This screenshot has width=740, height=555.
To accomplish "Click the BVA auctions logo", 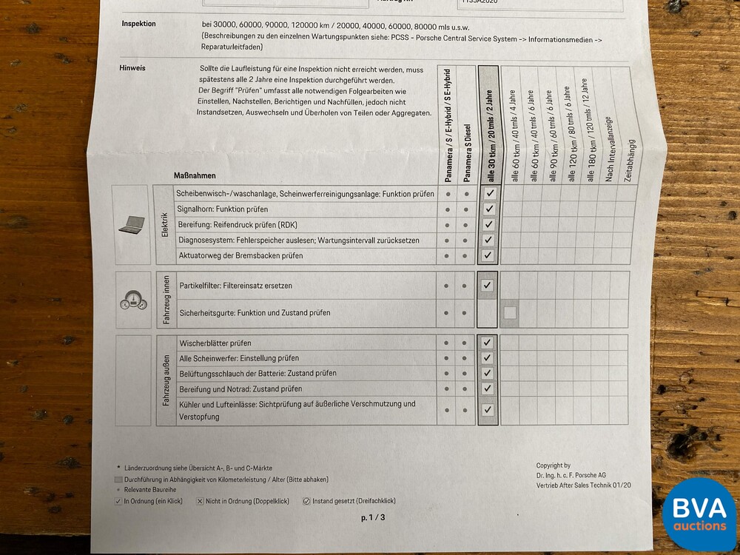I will [x=699, y=515].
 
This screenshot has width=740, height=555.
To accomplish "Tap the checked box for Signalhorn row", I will [x=488, y=209].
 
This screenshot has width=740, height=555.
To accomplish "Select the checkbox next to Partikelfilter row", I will [x=487, y=285].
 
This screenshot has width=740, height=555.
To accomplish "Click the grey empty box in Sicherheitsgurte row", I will [x=510, y=313].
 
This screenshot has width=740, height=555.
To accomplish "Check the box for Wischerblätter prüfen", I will [x=487, y=343].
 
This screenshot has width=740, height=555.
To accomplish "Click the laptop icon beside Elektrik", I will [x=132, y=223].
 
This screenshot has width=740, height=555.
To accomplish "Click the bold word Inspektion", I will [x=138, y=24].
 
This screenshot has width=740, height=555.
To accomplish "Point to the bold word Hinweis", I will [x=132, y=68].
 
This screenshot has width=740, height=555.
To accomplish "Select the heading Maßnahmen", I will [x=195, y=175].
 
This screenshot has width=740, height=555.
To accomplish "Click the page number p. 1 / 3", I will [x=373, y=517].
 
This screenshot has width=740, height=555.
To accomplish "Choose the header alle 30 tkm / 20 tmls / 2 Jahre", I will [x=489, y=137].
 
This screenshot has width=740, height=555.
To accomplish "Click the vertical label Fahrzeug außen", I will [x=166, y=380].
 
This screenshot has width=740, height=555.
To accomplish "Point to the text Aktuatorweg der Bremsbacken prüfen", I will [x=240, y=255].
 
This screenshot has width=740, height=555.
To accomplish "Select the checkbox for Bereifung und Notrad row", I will [x=487, y=388].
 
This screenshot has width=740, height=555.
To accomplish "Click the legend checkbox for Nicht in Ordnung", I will [x=200, y=501].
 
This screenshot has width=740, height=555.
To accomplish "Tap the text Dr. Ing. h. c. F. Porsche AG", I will [x=571, y=475].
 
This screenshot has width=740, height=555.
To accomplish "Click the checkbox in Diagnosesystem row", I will [x=488, y=240].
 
